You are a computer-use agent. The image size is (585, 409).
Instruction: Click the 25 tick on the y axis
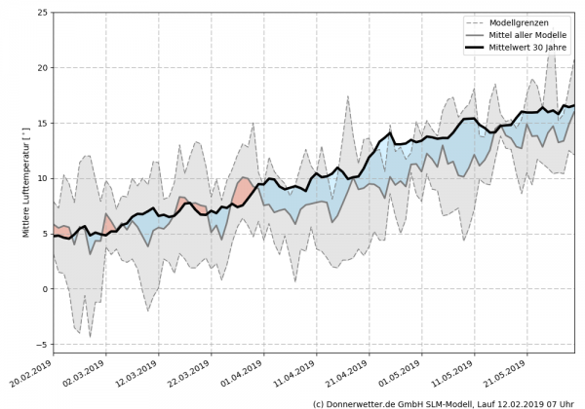40,13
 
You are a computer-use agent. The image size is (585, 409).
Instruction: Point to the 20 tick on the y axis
40,68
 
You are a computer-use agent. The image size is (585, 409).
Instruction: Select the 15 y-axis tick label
40,124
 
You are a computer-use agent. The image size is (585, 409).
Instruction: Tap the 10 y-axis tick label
40,178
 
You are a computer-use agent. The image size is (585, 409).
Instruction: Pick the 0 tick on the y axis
43,289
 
